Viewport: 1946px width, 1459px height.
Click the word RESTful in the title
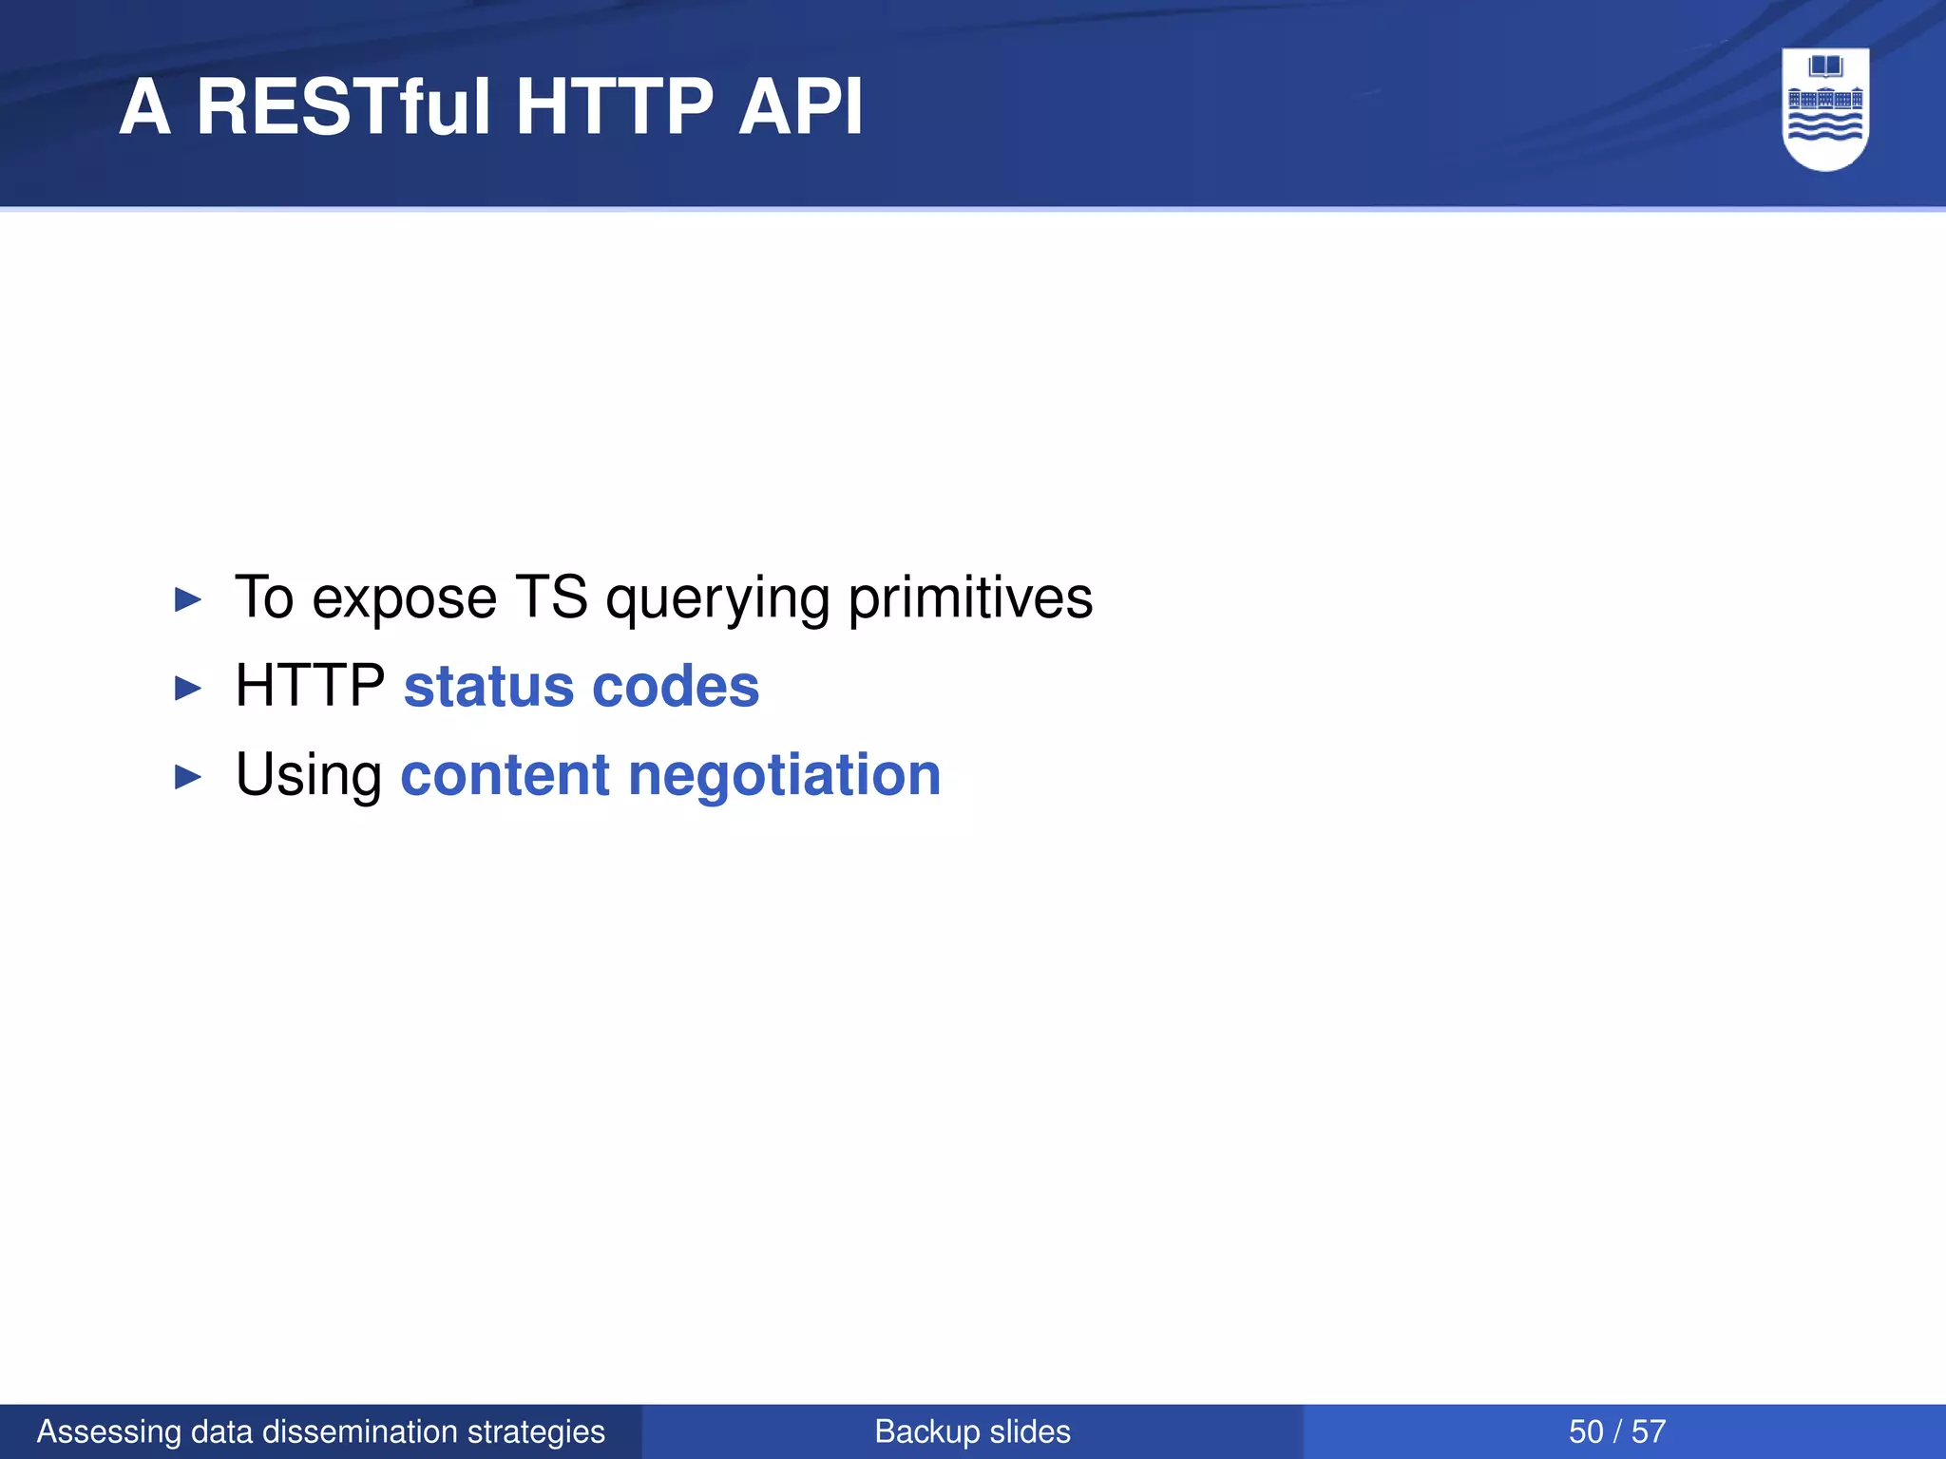344,106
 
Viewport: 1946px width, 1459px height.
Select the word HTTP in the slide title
614,106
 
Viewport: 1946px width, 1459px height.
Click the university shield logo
1825,109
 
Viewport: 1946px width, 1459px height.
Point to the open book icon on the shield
1825,66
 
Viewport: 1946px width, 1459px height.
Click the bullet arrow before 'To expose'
188,600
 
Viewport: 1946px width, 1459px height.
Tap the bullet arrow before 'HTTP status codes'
188,689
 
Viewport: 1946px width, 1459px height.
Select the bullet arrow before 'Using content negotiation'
188,777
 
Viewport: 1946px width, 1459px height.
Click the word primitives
970,598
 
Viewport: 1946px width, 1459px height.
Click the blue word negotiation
784,775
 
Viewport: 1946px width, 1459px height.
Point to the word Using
308,775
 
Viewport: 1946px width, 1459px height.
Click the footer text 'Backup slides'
972,1431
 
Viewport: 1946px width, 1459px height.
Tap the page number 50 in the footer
1585,1431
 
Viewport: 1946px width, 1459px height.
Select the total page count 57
1649,1431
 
